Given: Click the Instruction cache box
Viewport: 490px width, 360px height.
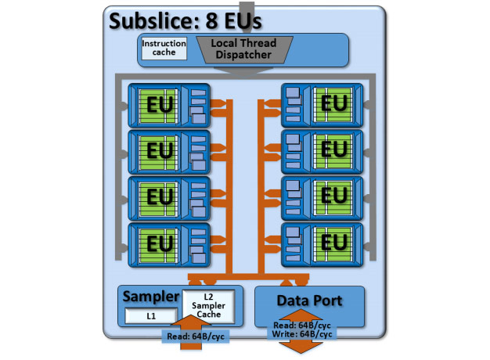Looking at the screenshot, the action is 164,49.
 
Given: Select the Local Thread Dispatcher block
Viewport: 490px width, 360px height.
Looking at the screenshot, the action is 244,49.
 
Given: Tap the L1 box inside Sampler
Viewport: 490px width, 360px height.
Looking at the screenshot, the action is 151,316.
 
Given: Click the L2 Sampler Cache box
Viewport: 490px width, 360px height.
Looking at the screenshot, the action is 208,306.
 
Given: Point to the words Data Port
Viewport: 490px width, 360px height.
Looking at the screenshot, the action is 309,301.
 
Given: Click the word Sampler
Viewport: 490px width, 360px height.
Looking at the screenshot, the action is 151,297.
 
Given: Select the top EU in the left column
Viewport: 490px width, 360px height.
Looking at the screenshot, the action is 169,106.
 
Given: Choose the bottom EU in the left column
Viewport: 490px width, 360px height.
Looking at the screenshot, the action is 169,245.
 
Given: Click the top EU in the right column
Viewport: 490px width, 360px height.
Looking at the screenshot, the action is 322,106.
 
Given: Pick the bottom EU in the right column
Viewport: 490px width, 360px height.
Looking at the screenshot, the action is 322,245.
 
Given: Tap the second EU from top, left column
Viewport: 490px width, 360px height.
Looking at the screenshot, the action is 169,152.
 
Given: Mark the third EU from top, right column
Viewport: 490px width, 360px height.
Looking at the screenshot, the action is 322,198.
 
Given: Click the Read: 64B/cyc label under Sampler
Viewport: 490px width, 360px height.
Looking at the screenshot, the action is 196,337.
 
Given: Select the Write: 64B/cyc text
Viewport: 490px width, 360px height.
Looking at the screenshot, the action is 302,334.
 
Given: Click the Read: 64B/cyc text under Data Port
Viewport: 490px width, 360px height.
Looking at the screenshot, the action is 302,326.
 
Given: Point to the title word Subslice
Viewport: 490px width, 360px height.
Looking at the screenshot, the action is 154,21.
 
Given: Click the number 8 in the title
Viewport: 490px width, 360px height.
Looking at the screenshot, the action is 211,21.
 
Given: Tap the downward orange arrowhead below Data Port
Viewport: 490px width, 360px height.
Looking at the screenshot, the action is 301,347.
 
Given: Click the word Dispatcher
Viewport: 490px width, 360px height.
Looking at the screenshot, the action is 243,55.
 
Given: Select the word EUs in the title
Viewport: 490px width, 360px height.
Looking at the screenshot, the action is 243,21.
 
